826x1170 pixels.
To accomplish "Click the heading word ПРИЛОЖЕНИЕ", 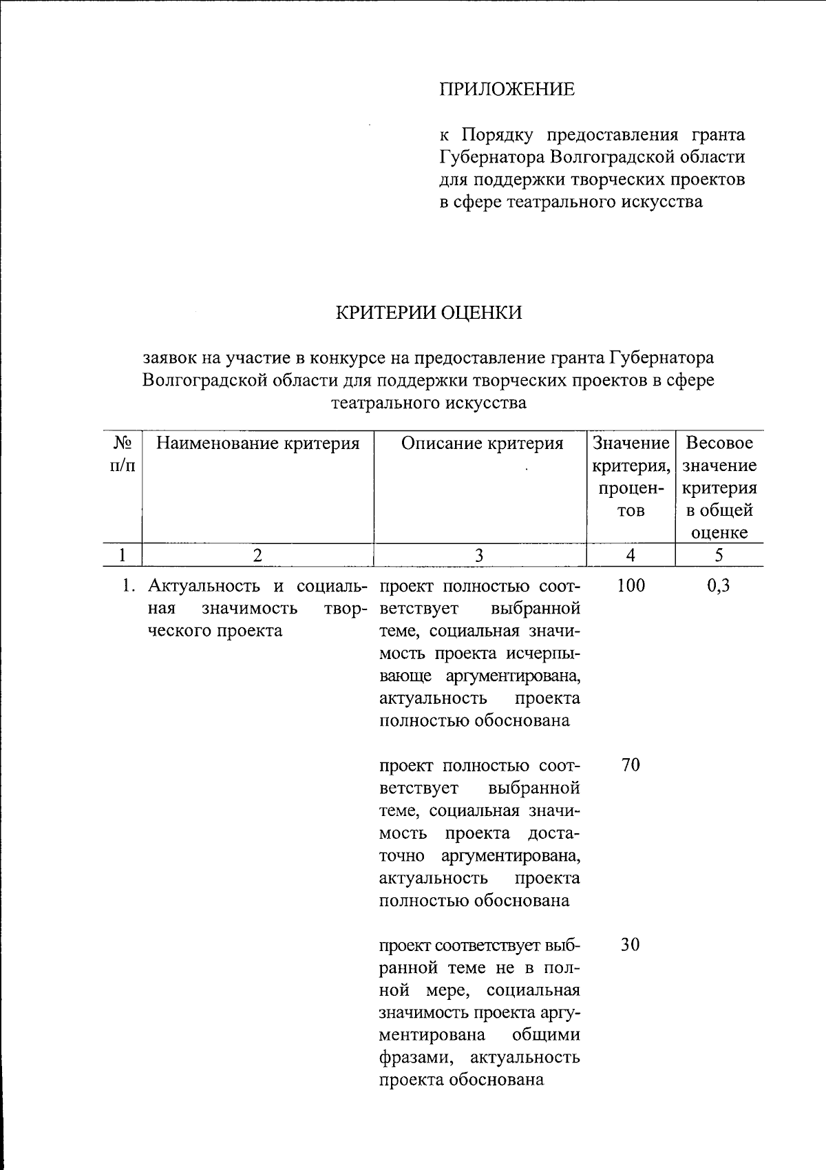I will [x=507, y=90].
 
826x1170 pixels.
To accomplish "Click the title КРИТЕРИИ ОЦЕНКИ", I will [x=428, y=313].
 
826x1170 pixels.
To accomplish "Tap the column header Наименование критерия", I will [x=258, y=443].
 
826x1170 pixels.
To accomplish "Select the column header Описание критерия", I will [x=482, y=443].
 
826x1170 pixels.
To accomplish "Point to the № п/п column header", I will [x=122, y=455].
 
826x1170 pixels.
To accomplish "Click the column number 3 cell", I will [x=480, y=555].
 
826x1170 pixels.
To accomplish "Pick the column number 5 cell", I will [x=719, y=555].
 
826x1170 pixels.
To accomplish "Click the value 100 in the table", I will [x=631, y=586].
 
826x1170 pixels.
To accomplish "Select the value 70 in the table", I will [x=631, y=765].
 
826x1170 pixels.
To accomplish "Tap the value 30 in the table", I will [x=631, y=945].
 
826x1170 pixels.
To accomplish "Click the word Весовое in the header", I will [x=720, y=443].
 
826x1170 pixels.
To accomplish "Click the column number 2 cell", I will [x=257, y=555].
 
